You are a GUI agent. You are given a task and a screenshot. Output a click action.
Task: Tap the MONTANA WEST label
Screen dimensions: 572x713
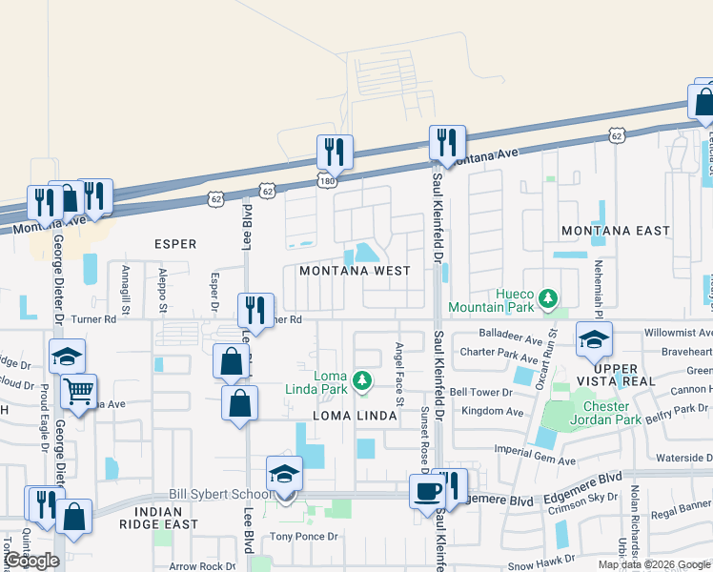pos(355,271)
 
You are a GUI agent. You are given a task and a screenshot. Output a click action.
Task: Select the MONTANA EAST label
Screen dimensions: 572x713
pos(615,231)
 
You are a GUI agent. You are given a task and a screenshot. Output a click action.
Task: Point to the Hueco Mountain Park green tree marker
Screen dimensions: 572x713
pos(548,299)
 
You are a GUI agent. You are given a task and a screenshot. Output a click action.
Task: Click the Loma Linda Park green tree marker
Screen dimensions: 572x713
pos(361,381)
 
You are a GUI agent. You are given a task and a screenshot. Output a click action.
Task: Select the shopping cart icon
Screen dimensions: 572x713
pos(79,390)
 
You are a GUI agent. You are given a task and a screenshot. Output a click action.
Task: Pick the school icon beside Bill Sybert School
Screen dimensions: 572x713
pos(284,474)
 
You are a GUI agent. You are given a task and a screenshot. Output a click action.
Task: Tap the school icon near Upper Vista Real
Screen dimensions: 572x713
pos(594,339)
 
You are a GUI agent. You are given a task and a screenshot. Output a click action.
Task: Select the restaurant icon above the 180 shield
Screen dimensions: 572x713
pos(335,151)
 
